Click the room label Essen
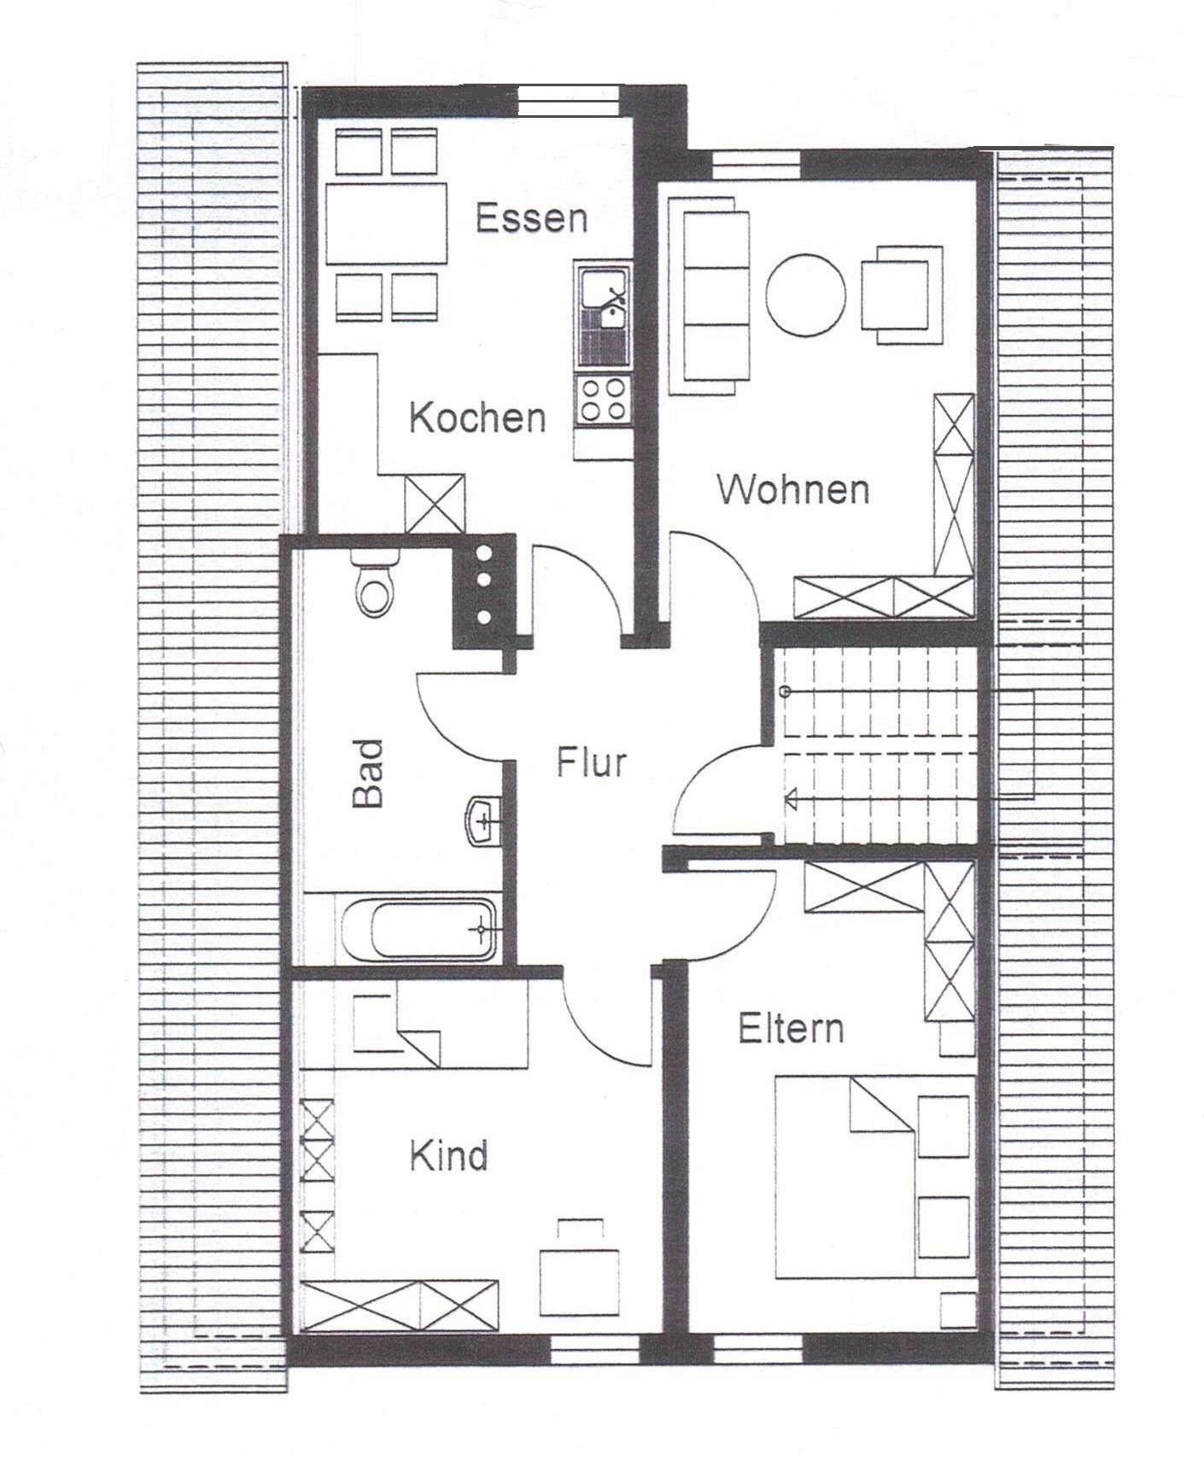(x=531, y=219)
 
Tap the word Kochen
(x=477, y=418)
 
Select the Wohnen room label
(x=794, y=490)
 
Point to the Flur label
(x=592, y=762)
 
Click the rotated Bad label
(x=368, y=774)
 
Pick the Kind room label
(x=448, y=1156)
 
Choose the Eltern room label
(x=792, y=1028)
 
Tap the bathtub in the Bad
(x=419, y=928)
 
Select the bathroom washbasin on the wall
(x=483, y=821)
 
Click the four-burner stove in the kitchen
(x=601, y=400)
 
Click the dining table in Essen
(x=387, y=223)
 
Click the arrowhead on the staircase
(x=792, y=798)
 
